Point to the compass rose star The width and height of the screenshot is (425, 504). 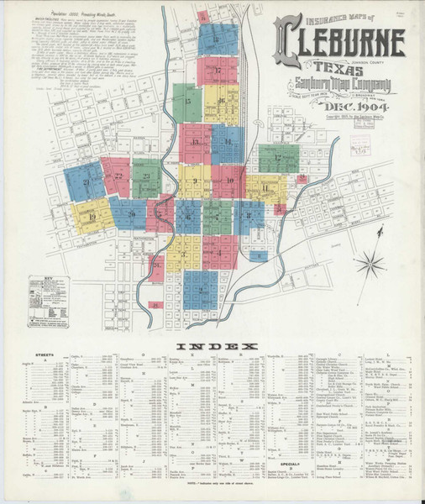tap(368, 267)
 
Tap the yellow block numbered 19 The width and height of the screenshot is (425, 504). tap(92, 216)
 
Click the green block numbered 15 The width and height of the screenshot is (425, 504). tap(188, 102)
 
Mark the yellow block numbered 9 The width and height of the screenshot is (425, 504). tap(194, 180)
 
